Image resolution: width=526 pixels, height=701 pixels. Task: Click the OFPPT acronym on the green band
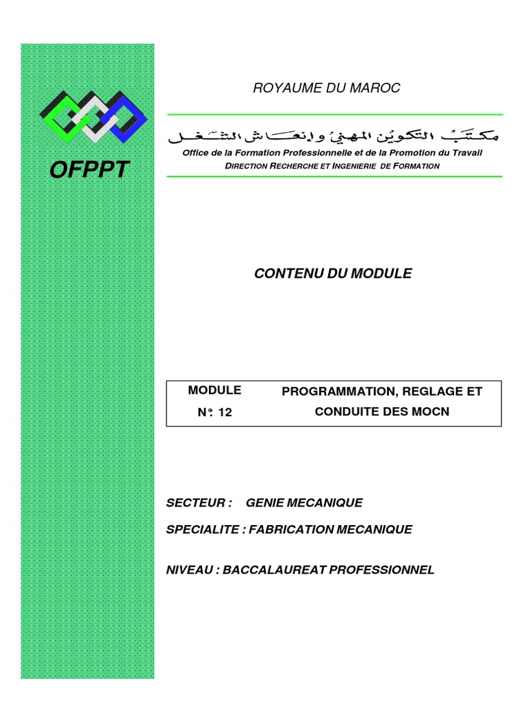click(89, 170)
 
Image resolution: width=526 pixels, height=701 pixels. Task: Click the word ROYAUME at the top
click(279, 88)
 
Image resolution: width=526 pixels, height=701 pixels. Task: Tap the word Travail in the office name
click(466, 153)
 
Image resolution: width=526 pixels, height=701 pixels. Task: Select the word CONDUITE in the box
click(344, 412)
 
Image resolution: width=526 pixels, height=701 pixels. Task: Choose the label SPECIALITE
click(203, 529)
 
